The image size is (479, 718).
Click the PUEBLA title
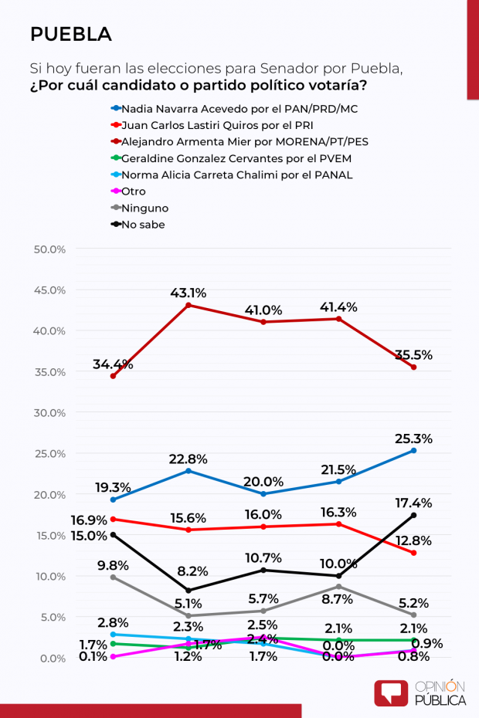(x=70, y=34)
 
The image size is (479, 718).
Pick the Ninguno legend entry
(x=144, y=208)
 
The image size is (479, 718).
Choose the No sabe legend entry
(x=142, y=225)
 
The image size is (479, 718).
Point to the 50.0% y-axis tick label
(x=50, y=249)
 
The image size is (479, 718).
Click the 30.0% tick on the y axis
(x=50, y=412)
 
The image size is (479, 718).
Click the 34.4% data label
(x=113, y=364)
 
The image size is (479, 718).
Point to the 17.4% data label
(x=413, y=503)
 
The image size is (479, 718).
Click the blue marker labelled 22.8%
(x=188, y=471)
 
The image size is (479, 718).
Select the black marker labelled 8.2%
(x=188, y=591)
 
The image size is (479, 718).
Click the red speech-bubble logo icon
(x=391, y=692)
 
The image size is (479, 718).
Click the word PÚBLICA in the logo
(x=440, y=700)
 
